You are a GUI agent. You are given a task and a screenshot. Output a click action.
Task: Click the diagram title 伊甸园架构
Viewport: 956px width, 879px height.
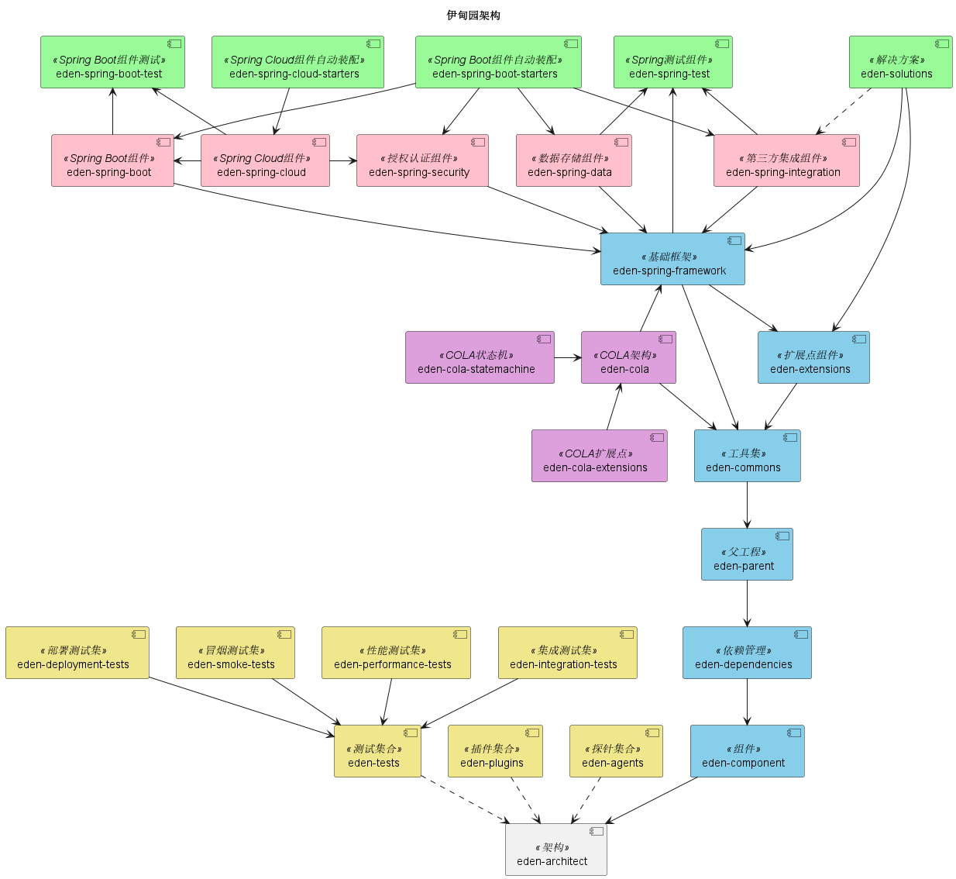pyautogui.click(x=473, y=16)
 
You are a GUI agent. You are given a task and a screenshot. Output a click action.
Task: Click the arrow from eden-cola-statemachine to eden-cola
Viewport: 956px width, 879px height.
pyautogui.click(x=568, y=357)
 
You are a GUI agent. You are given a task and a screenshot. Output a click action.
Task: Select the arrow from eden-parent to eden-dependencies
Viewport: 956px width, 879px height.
pyautogui.click(x=747, y=603)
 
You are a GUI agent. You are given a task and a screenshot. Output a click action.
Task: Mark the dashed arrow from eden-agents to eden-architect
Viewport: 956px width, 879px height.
pyautogui.click(x=586, y=800)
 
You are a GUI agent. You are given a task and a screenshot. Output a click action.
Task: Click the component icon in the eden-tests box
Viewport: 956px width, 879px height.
pyautogui.click(x=411, y=732)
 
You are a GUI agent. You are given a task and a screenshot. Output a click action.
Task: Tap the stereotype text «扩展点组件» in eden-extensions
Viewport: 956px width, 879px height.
pyautogui.click(x=811, y=355)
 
